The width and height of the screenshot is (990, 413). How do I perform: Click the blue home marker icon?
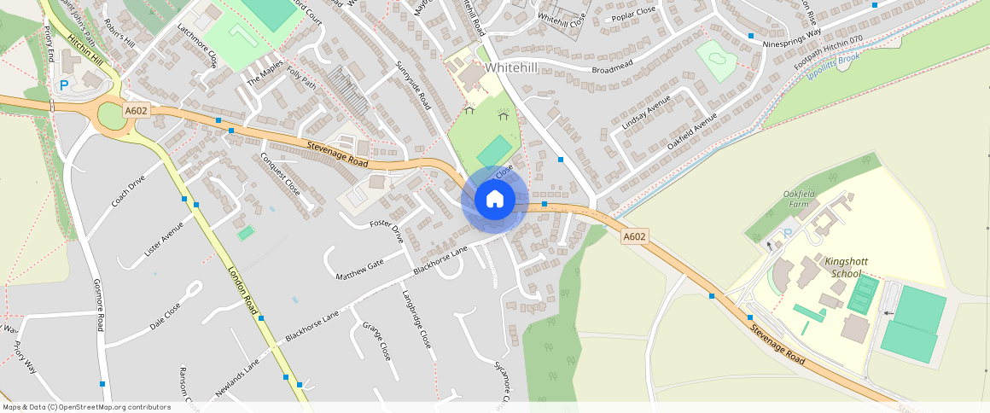click(x=494, y=199)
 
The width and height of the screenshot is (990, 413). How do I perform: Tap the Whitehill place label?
click(x=513, y=67)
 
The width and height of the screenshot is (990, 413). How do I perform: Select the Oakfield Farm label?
click(x=800, y=200)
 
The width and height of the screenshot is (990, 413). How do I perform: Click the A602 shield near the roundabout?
click(x=136, y=111)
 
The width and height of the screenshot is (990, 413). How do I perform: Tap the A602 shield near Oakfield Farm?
click(x=633, y=236)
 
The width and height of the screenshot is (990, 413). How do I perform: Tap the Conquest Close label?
click(x=279, y=173)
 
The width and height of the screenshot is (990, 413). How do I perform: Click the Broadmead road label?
click(x=615, y=67)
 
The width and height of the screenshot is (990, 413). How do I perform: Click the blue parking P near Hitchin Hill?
click(x=64, y=85)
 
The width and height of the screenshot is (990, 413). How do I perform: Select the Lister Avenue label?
click(x=164, y=239)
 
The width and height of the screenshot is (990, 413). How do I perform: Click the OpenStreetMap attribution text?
click(x=85, y=407)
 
